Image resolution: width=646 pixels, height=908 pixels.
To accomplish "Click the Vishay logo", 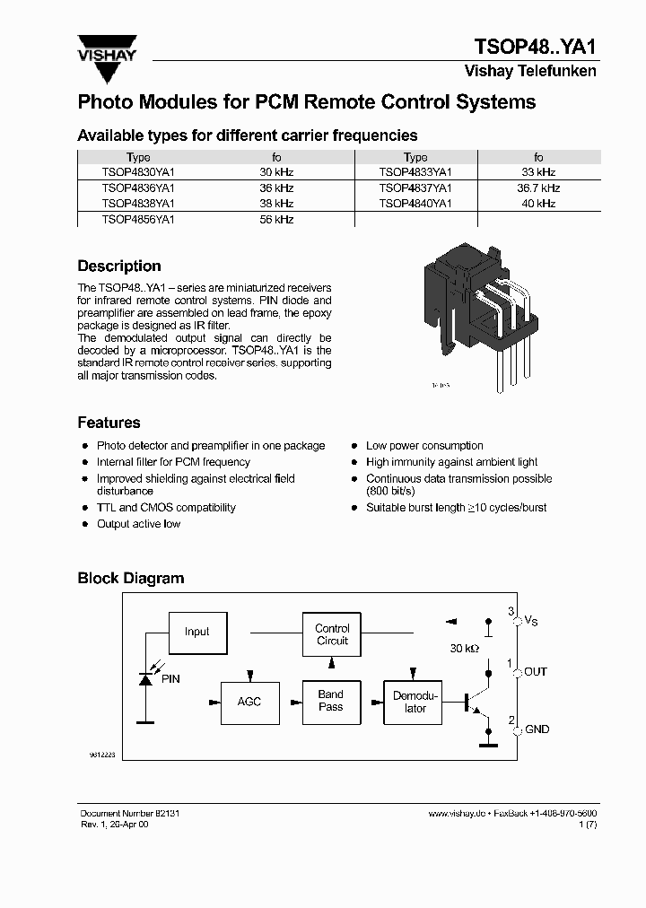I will (x=106, y=50).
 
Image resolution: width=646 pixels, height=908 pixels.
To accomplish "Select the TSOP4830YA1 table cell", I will (x=138, y=172).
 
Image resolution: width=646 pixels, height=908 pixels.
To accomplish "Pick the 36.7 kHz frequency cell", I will (x=538, y=188).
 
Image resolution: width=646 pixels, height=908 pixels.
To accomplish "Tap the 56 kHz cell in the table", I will (x=276, y=220).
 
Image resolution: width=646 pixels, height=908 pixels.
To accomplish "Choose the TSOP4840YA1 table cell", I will (x=415, y=204).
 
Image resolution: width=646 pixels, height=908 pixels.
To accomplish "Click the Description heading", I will (x=119, y=266).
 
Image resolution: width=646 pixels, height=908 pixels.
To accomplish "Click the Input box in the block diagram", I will (x=197, y=632).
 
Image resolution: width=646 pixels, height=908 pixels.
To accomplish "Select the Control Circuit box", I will (x=332, y=634).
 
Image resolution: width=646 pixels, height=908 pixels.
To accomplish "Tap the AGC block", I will (x=249, y=701).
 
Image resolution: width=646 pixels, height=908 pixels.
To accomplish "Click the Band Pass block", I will (x=330, y=701).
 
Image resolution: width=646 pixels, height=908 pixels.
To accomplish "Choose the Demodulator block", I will (x=415, y=702).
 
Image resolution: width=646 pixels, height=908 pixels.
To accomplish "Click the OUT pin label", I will (x=536, y=672).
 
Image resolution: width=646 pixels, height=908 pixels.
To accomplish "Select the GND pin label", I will (x=537, y=729).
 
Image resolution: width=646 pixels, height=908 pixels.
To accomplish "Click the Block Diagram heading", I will (x=131, y=579).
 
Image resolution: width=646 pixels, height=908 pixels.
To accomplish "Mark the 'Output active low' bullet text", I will (x=139, y=524).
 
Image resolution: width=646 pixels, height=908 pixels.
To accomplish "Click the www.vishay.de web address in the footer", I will (x=457, y=813).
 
